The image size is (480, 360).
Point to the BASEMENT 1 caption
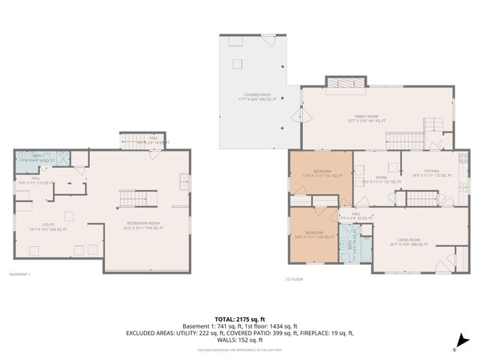19,274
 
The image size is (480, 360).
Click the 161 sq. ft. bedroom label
321,174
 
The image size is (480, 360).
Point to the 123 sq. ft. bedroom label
313,235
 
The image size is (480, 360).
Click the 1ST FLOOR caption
293,279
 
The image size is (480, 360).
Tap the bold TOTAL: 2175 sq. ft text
239,319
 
